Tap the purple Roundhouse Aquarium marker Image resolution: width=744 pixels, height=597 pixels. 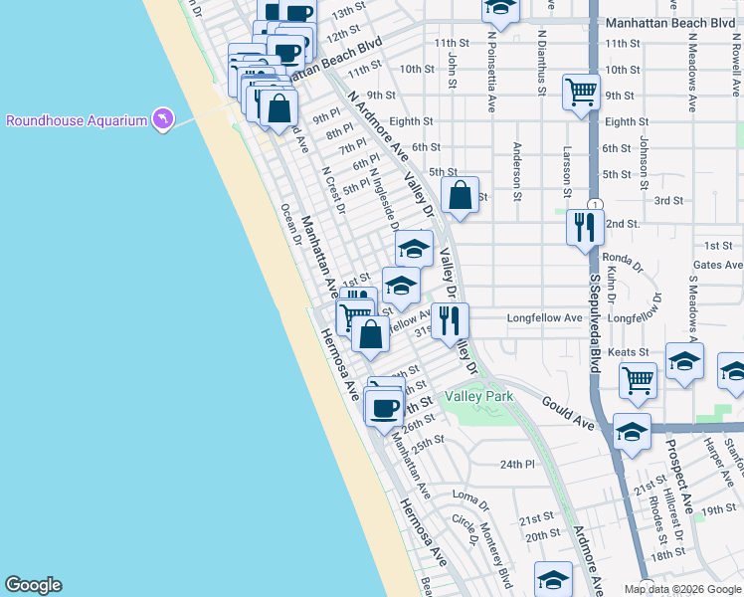point(162,120)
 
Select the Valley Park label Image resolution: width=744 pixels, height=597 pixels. point(478,396)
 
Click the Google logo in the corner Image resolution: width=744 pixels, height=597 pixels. point(33,585)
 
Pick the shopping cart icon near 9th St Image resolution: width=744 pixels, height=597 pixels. point(581,94)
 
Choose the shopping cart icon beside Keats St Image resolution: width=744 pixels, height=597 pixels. point(638,379)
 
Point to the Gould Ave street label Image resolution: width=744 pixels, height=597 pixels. point(568,413)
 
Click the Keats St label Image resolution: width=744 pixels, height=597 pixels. point(630,352)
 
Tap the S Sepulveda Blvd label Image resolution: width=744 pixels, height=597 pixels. point(594,323)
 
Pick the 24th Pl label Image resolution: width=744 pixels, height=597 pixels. point(517,464)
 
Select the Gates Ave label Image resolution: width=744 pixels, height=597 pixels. point(718,266)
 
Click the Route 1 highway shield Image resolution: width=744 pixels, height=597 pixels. point(594,204)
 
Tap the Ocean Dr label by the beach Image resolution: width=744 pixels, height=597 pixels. point(289,224)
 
